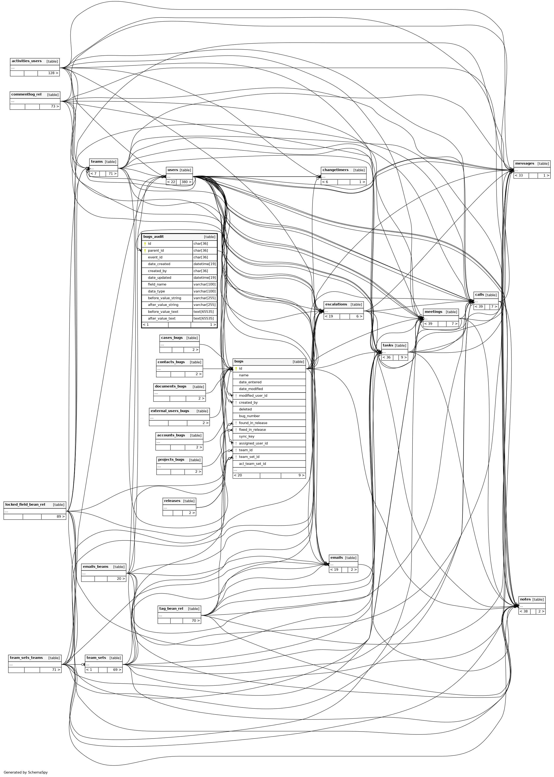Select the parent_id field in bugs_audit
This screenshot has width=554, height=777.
pos(156,251)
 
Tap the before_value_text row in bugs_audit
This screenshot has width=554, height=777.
pos(163,311)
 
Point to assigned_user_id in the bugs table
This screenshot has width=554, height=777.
pos(253,443)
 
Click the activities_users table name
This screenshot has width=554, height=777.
pos(27,61)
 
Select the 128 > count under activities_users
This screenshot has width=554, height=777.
pos(53,73)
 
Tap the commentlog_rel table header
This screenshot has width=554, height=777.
pos(26,95)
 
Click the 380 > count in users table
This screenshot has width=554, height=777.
pos(186,182)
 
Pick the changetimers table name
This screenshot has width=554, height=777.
pos(335,170)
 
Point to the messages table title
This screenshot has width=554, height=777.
pos(524,163)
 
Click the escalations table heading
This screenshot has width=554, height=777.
pos(336,304)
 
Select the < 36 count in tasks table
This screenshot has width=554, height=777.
pos(387,358)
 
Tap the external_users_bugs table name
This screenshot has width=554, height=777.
pos(170,411)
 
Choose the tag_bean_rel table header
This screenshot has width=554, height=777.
pos(171,609)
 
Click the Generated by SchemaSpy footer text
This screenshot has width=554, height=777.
pos(25,772)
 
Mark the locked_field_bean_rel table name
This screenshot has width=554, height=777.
pos(25,504)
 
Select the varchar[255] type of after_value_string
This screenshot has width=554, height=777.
pos(204,305)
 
